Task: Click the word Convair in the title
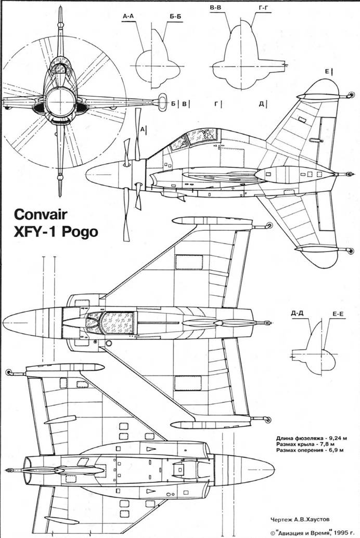pyautogui.click(x=41, y=215)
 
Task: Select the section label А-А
pyautogui.click(x=128, y=16)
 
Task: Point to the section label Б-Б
pyautogui.click(x=175, y=16)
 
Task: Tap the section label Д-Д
pyautogui.click(x=297, y=313)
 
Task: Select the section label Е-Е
pyautogui.click(x=339, y=313)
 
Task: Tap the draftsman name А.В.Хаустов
pyautogui.click(x=308, y=519)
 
